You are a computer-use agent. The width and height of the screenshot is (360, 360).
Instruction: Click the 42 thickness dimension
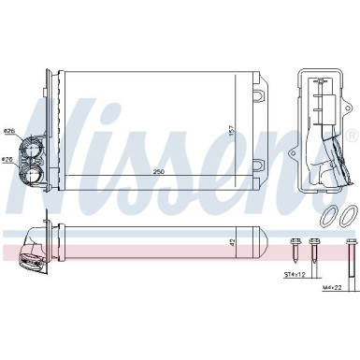(x=230, y=242)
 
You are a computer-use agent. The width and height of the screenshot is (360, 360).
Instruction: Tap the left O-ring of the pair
(x=328, y=217)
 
